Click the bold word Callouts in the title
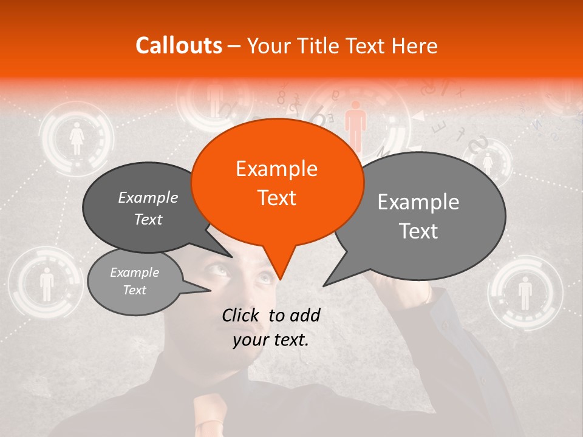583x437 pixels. click(x=179, y=46)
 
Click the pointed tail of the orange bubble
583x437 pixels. click(x=279, y=267)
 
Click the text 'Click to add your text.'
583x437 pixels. click(x=271, y=328)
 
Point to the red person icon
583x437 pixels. click(x=355, y=124)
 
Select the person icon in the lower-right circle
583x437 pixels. click(x=525, y=293)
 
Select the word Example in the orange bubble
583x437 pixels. click(x=277, y=168)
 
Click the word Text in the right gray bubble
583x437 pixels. click(x=419, y=231)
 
